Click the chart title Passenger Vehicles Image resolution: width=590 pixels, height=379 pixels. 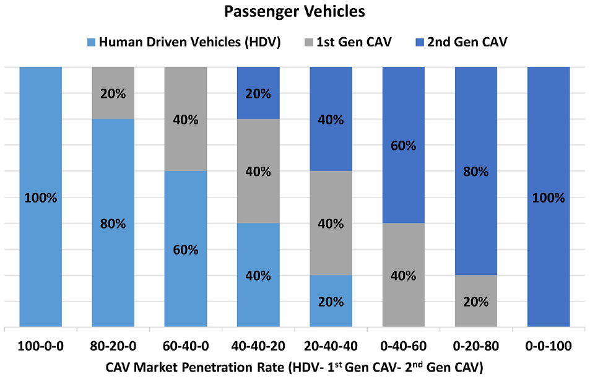pyautogui.click(x=295, y=11)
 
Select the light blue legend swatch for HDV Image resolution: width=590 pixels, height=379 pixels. pyautogui.click(x=91, y=42)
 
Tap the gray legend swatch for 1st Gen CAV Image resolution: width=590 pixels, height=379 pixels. pyautogui.click(x=308, y=42)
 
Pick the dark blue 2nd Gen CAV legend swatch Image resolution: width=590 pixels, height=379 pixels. pyautogui.click(x=420, y=42)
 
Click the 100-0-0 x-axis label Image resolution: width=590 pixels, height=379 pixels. pyautogui.click(x=41, y=346)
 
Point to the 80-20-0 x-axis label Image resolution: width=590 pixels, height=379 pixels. pyautogui.click(x=113, y=346)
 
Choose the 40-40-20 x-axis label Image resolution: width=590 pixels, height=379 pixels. pyautogui.click(x=258, y=346)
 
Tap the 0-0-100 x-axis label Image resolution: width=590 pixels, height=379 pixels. pyautogui.click(x=549, y=346)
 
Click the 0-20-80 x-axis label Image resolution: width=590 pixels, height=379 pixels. pyautogui.click(x=476, y=346)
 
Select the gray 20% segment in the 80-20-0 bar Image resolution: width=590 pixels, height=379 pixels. pyautogui.click(x=113, y=93)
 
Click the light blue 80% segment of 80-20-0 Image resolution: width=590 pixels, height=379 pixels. pyautogui.click(x=113, y=223)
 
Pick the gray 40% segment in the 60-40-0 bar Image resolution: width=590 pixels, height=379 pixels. pyautogui.click(x=186, y=119)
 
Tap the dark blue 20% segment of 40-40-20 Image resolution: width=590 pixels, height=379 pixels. pyautogui.click(x=258, y=93)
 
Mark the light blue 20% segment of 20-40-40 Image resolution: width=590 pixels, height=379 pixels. pyautogui.click(x=331, y=301)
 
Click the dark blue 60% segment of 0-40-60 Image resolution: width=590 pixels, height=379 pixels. pyautogui.click(x=404, y=145)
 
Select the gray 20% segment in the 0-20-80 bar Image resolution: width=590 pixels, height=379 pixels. pyautogui.click(x=476, y=301)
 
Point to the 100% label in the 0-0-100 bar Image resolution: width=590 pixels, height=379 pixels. pyautogui.click(x=549, y=198)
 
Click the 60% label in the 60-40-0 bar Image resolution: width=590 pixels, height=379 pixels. pyautogui.click(x=186, y=250)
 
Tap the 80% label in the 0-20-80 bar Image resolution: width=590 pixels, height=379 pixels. pyautogui.click(x=476, y=172)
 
